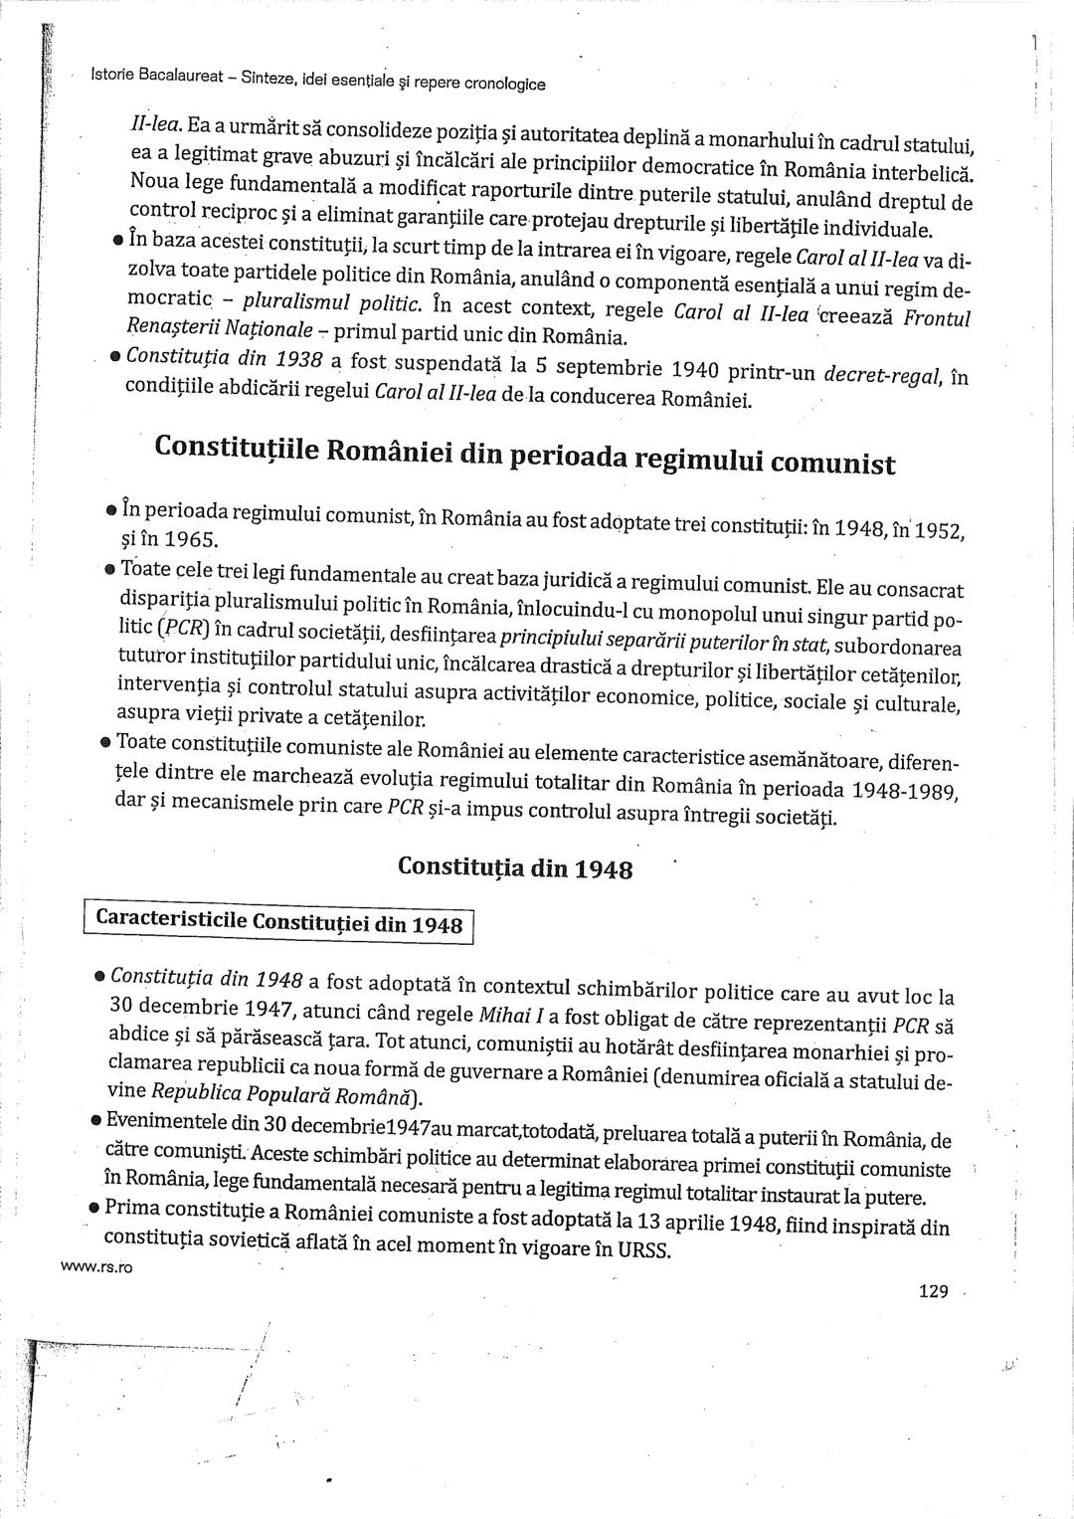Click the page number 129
coord(934,1291)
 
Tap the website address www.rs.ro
coord(96,1266)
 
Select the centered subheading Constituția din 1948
coord(515,866)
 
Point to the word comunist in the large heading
coord(832,464)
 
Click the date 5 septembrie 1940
coord(636,369)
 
